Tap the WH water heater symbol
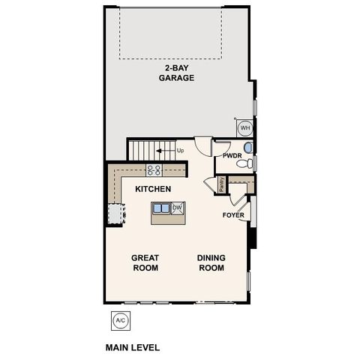[244, 127]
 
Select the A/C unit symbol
[119, 320]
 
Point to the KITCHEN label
[153, 189]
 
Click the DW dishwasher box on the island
[177, 208]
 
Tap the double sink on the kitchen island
[160, 209]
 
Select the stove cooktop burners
[154, 170]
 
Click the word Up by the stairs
[180, 151]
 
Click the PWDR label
[232, 156]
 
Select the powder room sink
[248, 147]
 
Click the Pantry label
[222, 184]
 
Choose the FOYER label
[233, 215]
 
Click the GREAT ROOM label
[145, 262]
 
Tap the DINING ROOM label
[211, 262]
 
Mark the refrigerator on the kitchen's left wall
[114, 214]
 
